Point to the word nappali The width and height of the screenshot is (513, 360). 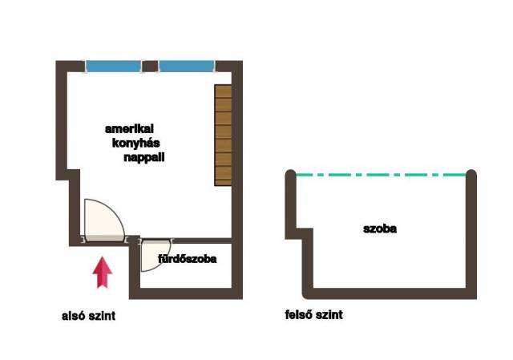[x=145, y=158]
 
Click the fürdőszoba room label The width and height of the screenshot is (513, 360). [x=187, y=259]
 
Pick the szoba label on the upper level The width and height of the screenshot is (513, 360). [x=379, y=229]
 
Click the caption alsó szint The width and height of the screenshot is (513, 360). [x=89, y=316]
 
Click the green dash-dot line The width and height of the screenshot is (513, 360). [x=382, y=174]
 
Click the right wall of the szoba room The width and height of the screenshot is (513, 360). [x=472, y=233]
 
